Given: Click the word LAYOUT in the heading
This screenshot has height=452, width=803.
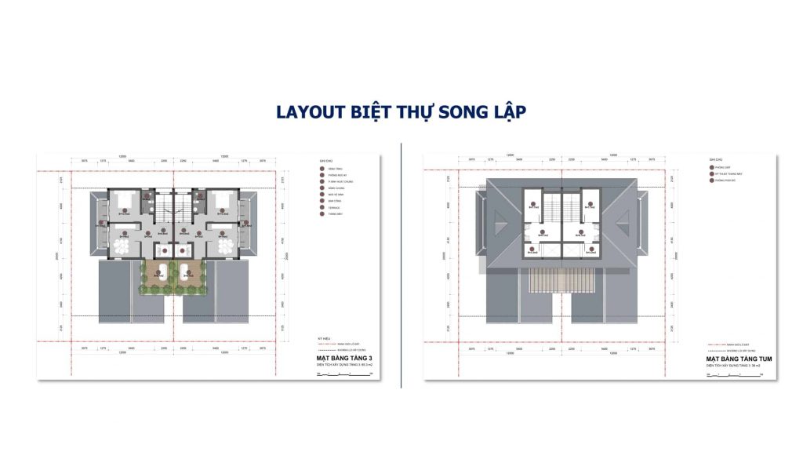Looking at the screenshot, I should coord(311,112).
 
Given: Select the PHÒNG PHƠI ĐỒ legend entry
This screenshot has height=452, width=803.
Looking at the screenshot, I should coord(725,181).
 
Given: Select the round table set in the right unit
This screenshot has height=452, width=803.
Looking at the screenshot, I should coord(226,246).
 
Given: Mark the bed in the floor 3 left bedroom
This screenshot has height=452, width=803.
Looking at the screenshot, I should coord(123,201).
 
